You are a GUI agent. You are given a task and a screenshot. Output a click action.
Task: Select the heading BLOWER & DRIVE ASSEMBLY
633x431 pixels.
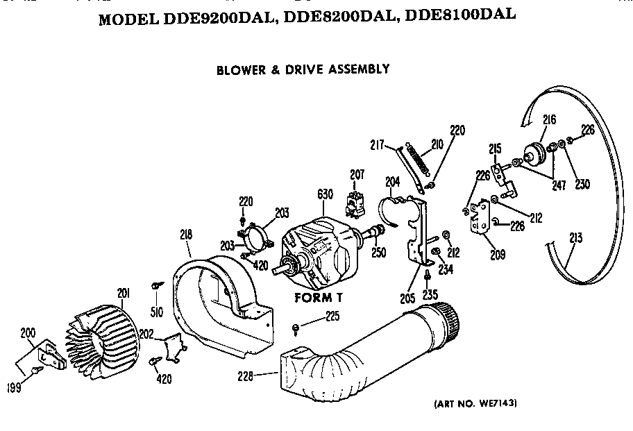click(x=303, y=69)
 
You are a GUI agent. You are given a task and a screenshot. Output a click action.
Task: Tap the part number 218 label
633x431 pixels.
click(x=185, y=235)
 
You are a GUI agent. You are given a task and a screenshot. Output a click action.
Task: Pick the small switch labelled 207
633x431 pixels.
click(x=355, y=199)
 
